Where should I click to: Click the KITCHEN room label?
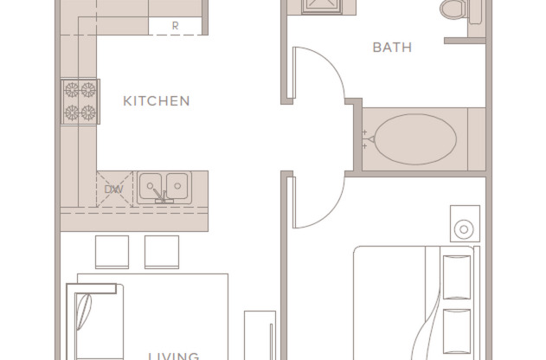tap(156, 101)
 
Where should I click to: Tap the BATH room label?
tap(392, 47)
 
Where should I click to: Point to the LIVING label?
tap(173, 355)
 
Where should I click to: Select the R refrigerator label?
tap(175, 26)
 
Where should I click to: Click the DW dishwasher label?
tap(113, 189)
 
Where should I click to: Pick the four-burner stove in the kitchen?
tap(79, 100)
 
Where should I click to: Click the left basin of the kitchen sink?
tap(152, 183)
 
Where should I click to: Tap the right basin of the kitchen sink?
tap(177, 183)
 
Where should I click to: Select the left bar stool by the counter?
tap(112, 251)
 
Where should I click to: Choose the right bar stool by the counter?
tap(162, 251)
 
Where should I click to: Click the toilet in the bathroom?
tap(451, 10)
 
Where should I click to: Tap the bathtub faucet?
tap(367, 138)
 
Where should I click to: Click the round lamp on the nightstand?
tap(464, 229)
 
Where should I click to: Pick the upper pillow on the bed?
tap(456, 275)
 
